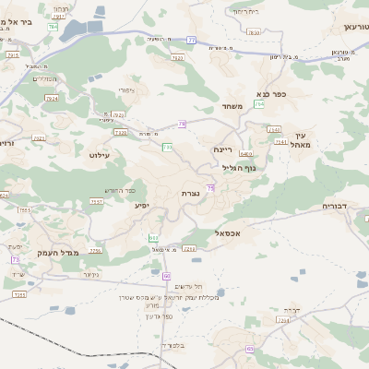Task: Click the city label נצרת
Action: click(190, 193)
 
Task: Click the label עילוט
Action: click(100, 155)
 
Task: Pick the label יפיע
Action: click(141, 205)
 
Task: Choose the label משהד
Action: click(232, 107)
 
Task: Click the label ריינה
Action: click(222, 148)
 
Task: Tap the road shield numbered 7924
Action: click(52, 98)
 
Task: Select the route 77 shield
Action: click(191, 40)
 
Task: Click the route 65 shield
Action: click(249, 348)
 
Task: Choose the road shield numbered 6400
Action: click(245, 153)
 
